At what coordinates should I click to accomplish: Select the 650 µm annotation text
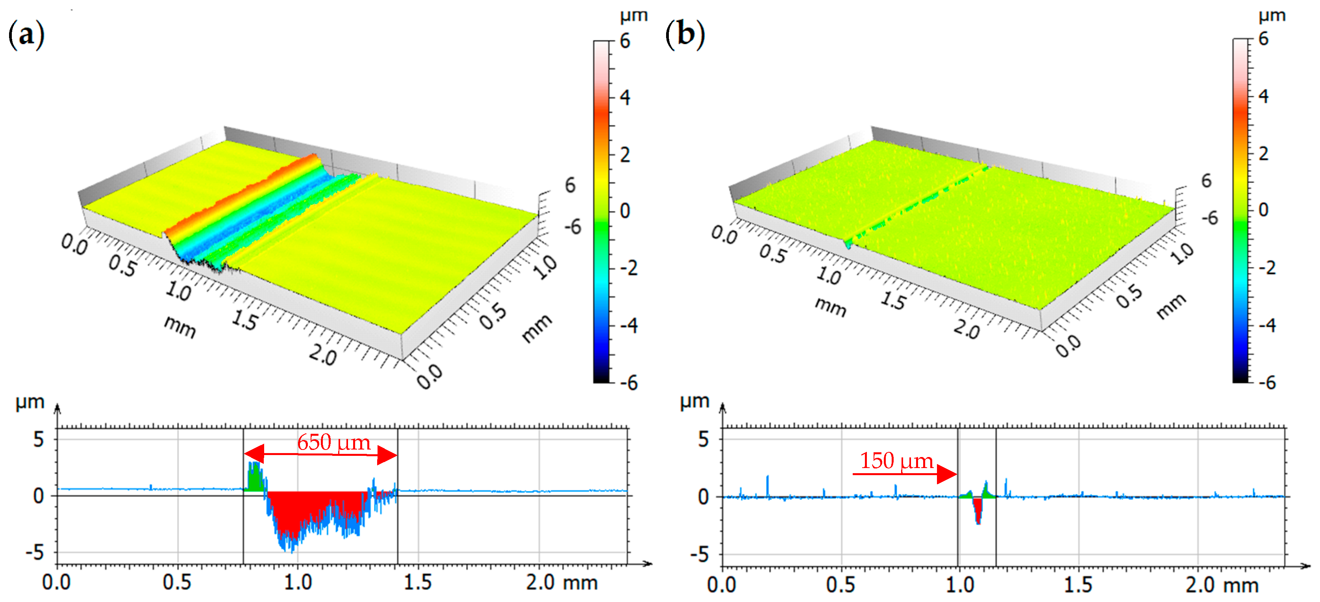(x=333, y=442)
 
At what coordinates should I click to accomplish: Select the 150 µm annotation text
(x=896, y=461)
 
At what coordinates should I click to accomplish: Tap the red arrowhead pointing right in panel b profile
(x=946, y=474)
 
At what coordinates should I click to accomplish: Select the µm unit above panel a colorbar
(x=633, y=15)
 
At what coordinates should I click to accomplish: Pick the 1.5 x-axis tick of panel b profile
(x=1078, y=585)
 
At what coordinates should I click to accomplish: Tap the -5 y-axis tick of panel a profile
(x=35, y=553)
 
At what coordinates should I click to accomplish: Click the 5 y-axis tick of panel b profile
(x=703, y=439)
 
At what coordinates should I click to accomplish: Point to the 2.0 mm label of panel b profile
(x=1222, y=585)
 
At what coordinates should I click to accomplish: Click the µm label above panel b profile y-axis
(x=694, y=401)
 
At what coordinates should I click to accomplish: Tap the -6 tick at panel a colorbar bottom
(x=628, y=382)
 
